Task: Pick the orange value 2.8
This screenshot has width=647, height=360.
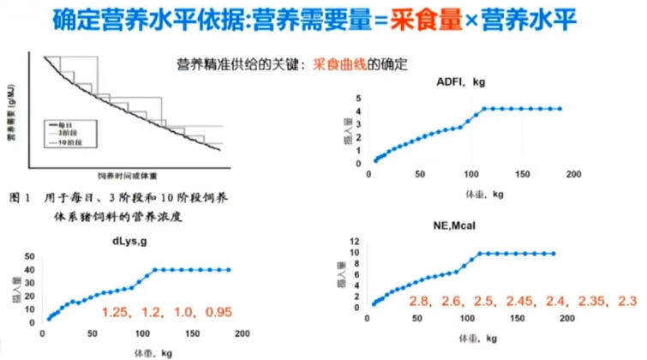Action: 416,300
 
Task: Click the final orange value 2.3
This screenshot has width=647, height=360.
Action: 627,300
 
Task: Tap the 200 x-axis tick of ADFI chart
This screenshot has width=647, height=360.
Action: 574,174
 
